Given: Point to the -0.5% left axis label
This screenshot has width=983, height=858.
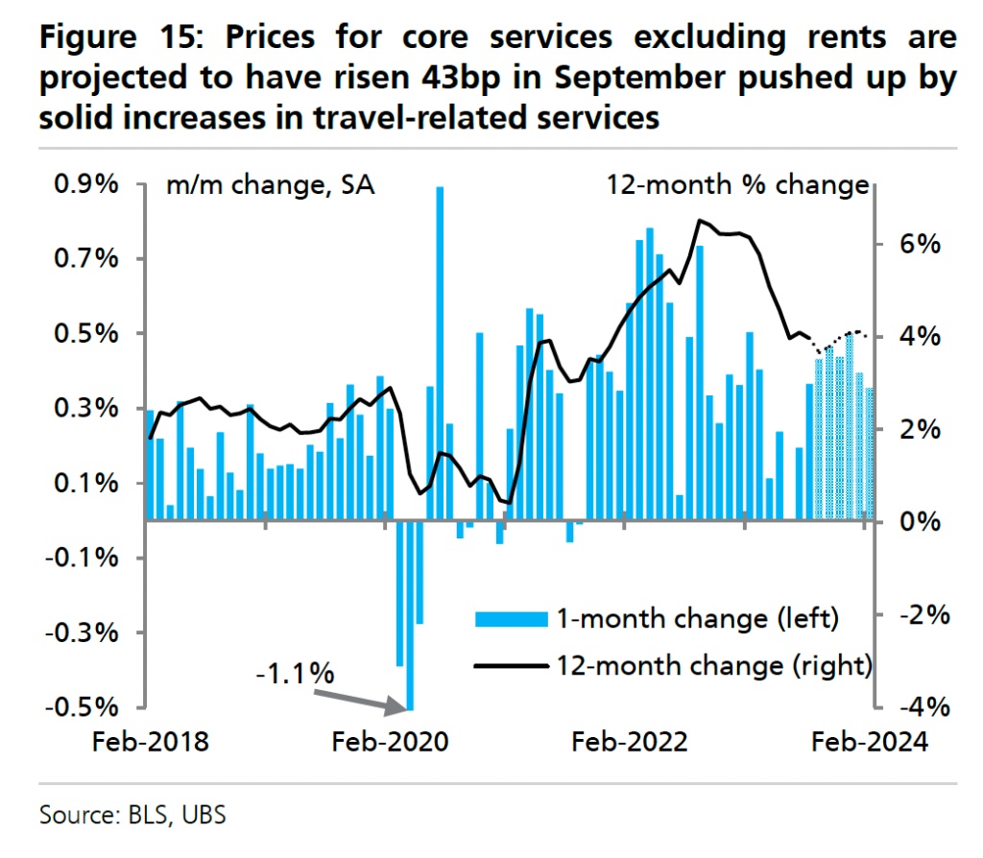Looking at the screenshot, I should point(81,707).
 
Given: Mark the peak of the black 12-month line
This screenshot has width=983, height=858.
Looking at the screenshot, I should point(702,221).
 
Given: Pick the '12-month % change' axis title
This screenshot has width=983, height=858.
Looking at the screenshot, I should point(736,185).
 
